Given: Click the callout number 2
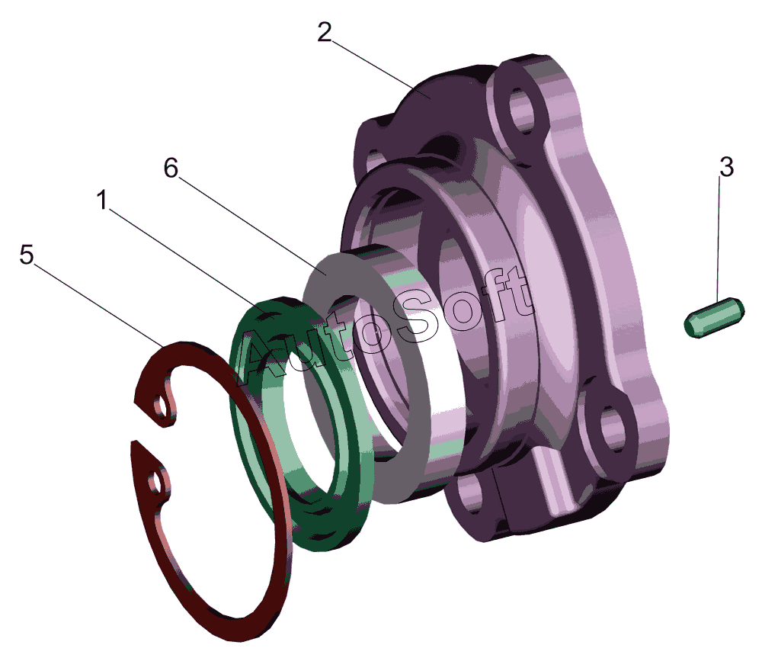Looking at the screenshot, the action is point(325,32).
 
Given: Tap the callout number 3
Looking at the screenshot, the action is point(726,167).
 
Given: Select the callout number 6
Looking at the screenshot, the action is point(171,169).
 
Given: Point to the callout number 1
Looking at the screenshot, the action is point(102,200).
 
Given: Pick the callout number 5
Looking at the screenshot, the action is point(27,255).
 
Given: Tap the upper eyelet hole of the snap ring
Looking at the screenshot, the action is point(159,404).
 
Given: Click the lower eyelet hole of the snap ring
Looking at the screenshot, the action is point(155,483).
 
